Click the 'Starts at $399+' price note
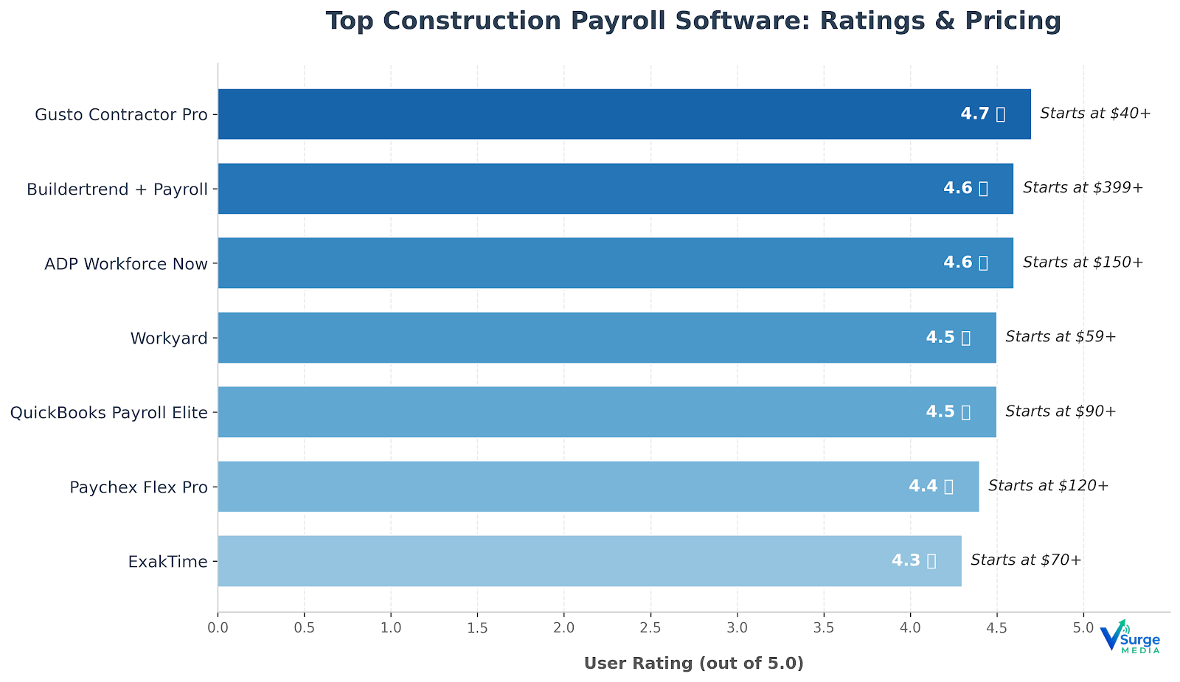coord(1083,188)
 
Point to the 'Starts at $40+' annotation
coord(1095,114)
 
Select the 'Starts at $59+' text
coord(1061,337)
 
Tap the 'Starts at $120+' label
coord(1048,486)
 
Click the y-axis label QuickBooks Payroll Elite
coord(109,413)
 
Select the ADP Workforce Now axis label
coord(126,264)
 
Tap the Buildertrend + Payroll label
coord(117,189)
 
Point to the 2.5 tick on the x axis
coord(650,628)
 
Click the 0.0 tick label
coord(218,628)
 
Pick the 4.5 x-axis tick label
coord(996,628)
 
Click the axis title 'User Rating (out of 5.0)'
coord(693,664)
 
